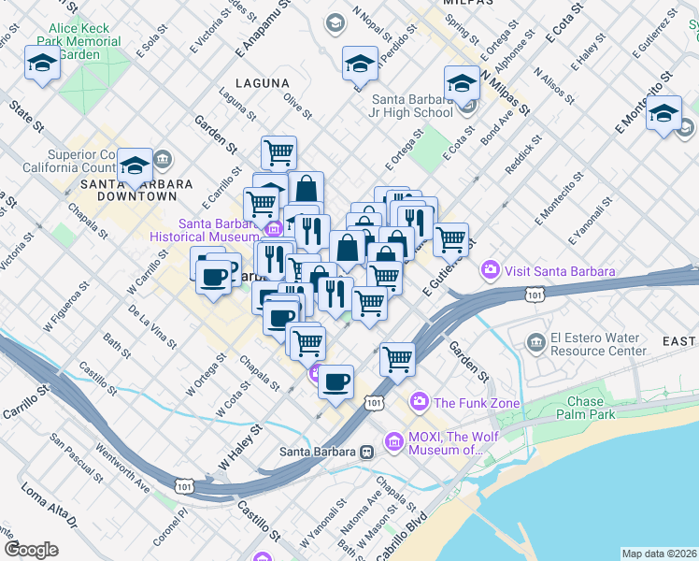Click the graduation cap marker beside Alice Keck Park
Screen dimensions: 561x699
click(42, 64)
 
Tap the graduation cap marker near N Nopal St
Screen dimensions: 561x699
click(360, 65)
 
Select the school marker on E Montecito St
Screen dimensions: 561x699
click(663, 114)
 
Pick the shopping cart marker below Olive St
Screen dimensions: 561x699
click(278, 151)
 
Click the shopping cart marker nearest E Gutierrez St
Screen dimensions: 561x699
click(451, 239)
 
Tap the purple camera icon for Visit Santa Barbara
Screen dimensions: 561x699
click(490, 271)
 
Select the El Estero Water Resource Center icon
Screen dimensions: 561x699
click(536, 338)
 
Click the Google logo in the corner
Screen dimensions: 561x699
click(31, 549)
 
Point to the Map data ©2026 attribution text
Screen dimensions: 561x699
click(658, 554)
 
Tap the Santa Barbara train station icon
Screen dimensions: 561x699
click(367, 452)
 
